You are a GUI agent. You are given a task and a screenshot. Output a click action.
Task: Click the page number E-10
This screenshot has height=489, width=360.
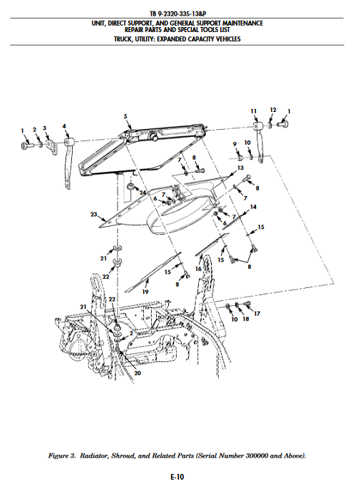178,477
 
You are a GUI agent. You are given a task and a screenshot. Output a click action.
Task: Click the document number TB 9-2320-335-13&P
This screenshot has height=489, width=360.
178,14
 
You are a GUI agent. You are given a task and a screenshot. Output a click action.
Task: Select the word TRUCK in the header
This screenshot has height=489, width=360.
123,39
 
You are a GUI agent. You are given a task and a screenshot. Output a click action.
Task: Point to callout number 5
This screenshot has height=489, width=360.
125,116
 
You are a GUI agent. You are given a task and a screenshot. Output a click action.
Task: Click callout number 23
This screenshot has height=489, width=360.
93,215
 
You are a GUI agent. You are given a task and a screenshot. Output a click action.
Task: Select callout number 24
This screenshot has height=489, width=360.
143,192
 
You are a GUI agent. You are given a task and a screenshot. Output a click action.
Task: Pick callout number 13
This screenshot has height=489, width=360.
240,168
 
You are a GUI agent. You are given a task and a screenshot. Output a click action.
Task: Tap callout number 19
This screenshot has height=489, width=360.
145,292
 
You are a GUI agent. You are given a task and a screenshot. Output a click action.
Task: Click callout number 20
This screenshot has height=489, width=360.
138,373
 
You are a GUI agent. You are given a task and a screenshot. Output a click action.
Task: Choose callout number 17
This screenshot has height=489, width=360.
257,314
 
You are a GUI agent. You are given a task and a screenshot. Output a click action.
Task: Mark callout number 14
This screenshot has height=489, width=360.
253,207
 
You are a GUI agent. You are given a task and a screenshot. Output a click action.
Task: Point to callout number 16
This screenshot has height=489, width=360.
198,269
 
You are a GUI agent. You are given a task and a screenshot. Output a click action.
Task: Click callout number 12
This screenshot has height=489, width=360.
273,110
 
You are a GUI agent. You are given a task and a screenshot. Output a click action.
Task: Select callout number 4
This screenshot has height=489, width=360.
64,126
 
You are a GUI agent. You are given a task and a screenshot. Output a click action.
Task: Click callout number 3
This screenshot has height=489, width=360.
45,128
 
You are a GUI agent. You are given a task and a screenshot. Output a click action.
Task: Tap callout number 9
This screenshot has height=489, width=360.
235,144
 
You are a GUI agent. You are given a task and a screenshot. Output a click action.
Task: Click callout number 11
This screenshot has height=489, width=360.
254,111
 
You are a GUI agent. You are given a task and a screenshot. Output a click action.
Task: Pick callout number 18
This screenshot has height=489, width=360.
246,319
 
